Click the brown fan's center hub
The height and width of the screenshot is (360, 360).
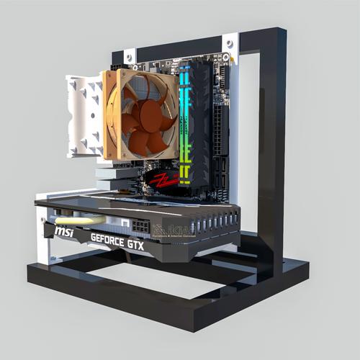142,115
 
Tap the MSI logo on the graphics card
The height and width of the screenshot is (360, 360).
65,231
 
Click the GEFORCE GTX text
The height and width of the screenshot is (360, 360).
117,241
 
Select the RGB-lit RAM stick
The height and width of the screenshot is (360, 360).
185,126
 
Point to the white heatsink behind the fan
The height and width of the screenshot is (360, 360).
84,115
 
